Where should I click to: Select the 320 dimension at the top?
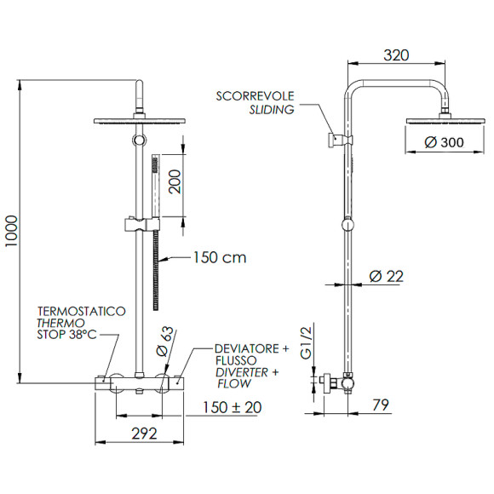(396, 55)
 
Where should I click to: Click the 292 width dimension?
(145, 434)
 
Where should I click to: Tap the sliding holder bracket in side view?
(337, 138)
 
